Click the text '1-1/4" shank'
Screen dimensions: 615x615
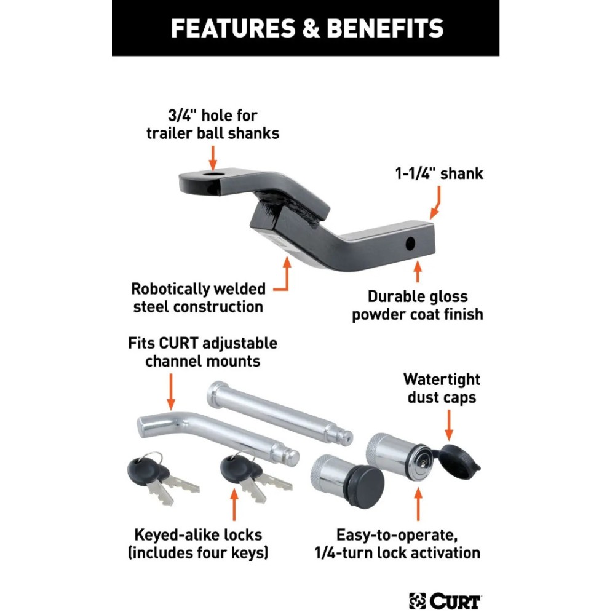[438, 173]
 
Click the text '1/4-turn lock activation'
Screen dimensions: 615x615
[408, 552]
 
